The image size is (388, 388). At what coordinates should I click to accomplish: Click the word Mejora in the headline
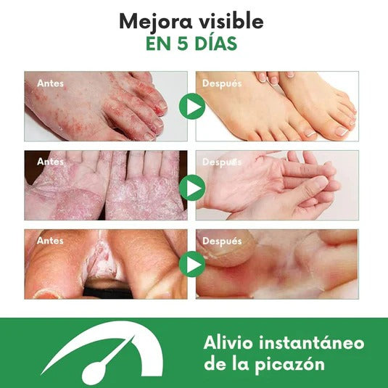pos(156,22)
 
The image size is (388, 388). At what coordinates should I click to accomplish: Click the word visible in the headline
pos(231,21)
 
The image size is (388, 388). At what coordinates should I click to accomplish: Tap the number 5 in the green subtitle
pos(182,44)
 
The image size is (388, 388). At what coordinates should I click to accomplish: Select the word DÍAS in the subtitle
pos(215,43)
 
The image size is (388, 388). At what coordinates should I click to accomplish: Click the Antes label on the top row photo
pos(50,83)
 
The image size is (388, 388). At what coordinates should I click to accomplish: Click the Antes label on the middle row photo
pos(50,162)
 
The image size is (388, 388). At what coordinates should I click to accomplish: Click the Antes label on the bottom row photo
pos(50,241)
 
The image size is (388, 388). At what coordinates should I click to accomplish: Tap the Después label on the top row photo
pos(222,83)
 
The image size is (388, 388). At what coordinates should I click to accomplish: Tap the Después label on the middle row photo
pos(222,162)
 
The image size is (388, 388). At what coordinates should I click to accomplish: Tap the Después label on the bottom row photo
pos(222,242)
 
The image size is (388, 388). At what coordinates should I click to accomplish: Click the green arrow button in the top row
pos(192,107)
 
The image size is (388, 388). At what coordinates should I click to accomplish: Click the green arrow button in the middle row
pos(192,188)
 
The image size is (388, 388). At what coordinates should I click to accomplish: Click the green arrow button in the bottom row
pos(192,264)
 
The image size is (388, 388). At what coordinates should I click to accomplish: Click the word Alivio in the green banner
pos(228,343)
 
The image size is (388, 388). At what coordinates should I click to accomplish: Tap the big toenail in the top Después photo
pos(342,132)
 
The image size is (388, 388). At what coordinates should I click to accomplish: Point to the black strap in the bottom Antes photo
pos(107,292)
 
